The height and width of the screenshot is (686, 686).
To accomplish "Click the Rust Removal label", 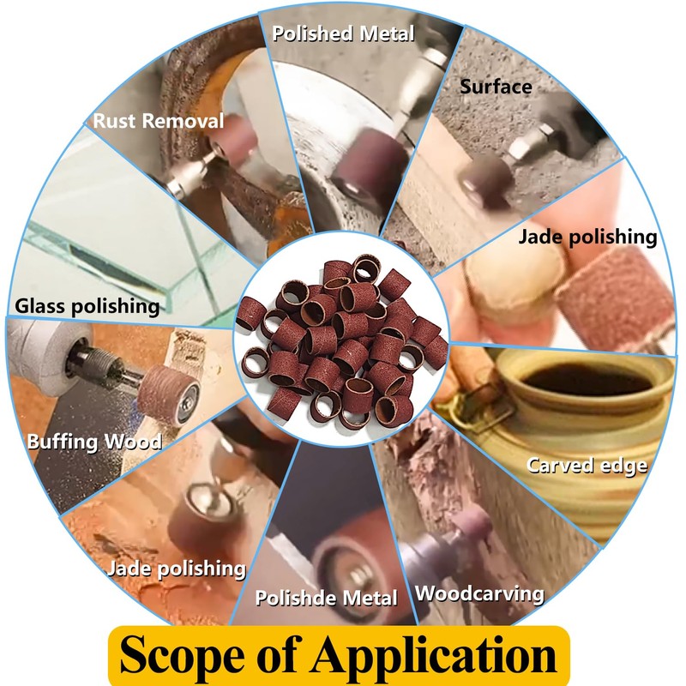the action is point(158,121).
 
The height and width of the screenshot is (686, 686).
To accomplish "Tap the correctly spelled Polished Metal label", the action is point(343,33).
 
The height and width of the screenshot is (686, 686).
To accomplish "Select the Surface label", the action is point(496,87).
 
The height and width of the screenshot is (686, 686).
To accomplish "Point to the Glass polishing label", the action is point(87,305).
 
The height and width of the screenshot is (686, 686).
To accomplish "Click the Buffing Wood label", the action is point(94,443).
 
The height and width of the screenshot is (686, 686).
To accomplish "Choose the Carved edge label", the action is point(587,466).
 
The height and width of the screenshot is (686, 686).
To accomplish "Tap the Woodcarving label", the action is point(479,593).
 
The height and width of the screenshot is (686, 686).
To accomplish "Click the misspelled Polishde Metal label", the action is point(327,597).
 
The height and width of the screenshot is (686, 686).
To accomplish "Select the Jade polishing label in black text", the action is point(587,238).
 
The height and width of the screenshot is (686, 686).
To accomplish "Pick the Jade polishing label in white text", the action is point(177,568).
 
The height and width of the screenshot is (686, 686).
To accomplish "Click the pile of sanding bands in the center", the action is point(343,343).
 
